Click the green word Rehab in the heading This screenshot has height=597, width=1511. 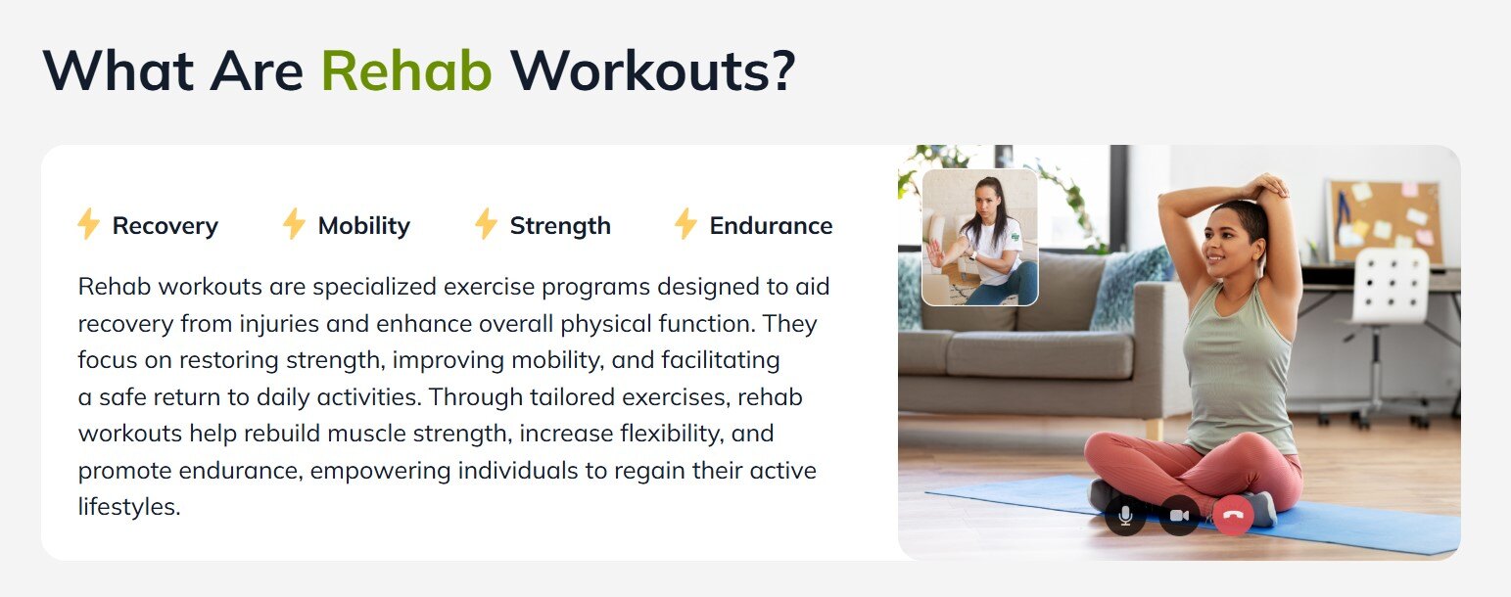tap(406, 70)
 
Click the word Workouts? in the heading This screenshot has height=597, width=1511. tap(653, 70)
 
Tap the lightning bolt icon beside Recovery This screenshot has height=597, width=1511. tap(88, 224)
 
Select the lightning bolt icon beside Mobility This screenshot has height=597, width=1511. tap(294, 224)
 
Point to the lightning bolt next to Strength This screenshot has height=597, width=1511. tap(486, 224)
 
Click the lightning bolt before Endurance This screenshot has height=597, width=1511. tap(685, 224)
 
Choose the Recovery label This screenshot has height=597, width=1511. tap(165, 226)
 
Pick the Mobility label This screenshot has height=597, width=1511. tap(364, 226)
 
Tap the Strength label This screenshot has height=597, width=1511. tap(560, 226)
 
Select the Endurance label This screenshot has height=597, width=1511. tap(771, 226)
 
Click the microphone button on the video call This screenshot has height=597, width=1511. tap(1125, 516)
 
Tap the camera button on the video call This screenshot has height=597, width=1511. tap(1179, 516)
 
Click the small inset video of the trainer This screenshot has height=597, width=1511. tap(980, 237)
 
